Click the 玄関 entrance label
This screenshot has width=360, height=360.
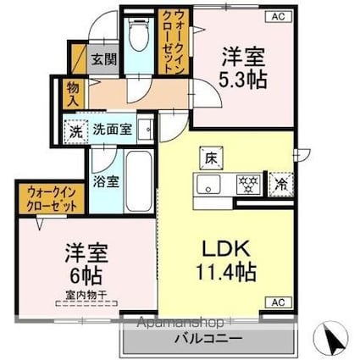click(104, 58)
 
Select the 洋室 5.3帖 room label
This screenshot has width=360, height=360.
click(244, 69)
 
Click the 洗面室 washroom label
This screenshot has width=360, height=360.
click(111, 131)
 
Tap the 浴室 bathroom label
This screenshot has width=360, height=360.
click(106, 180)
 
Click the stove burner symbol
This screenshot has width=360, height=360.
click(246, 183)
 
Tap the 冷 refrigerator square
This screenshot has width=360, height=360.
click(279, 180)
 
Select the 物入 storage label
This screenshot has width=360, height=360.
click(74, 92)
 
